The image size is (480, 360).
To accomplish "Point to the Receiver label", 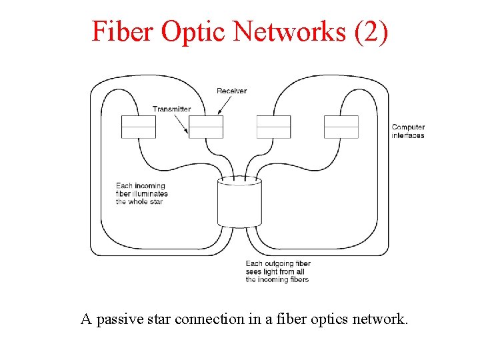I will [x=231, y=91].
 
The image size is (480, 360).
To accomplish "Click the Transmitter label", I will [x=171, y=109].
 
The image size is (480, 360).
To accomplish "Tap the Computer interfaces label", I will [x=408, y=131].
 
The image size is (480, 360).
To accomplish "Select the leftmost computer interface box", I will [x=139, y=127].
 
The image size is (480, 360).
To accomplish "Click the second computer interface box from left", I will [x=206, y=127].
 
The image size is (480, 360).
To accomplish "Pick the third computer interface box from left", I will [x=274, y=127].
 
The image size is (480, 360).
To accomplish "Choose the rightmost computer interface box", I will [x=341, y=127].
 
